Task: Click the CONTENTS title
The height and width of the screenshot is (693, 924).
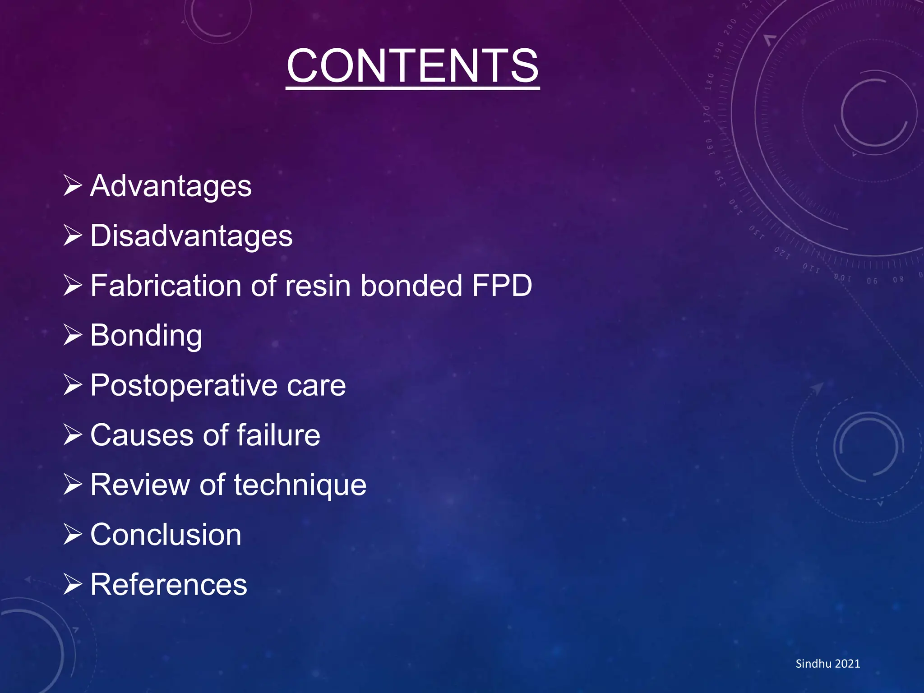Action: coord(412,66)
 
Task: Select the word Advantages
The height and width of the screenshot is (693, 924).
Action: coord(171,186)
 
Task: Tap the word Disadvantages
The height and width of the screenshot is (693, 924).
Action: coord(191,236)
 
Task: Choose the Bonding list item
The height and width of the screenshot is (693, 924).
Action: coord(146,336)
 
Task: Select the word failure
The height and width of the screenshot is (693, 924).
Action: coord(278,435)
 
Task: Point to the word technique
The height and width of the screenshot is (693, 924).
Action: coord(300,486)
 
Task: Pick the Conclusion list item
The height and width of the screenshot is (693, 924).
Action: coord(166,535)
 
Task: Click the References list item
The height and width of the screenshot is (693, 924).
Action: coord(169,585)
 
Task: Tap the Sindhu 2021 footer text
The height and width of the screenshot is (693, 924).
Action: coord(827,664)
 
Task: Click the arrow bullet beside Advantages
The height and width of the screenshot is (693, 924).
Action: coord(73,185)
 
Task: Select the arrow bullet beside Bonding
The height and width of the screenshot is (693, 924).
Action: coord(73,335)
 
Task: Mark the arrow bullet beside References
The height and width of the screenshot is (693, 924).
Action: coord(73,584)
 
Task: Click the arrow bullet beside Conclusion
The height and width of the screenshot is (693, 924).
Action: coord(73,534)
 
